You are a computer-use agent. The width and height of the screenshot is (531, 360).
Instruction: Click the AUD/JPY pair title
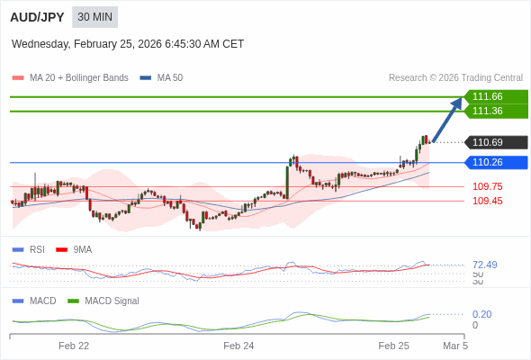click(x=37, y=17)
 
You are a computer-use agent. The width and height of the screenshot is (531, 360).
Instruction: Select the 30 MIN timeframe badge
click(x=94, y=17)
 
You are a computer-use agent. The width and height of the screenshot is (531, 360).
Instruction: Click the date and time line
click(x=128, y=44)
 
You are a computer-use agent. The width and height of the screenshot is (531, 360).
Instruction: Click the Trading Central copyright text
click(x=455, y=77)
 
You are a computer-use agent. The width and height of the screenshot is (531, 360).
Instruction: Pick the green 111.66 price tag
click(x=494, y=97)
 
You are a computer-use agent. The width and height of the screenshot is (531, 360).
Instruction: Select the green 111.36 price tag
click(x=494, y=112)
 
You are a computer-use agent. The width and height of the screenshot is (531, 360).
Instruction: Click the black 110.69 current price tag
click(x=494, y=142)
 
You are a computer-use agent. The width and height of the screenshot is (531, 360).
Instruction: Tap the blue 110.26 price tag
click(x=494, y=163)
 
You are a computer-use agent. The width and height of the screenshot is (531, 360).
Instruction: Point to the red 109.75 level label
click(x=487, y=187)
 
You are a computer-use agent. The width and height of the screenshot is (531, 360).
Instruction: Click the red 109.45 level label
click(x=487, y=202)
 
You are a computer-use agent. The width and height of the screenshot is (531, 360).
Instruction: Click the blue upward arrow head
click(x=457, y=103)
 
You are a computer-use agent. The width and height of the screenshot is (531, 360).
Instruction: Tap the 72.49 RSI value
click(x=484, y=265)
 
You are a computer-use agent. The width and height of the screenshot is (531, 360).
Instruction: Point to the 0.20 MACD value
click(x=481, y=314)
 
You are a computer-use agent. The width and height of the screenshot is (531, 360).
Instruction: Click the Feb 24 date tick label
click(x=238, y=346)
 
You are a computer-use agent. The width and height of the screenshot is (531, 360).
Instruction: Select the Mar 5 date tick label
click(x=455, y=346)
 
